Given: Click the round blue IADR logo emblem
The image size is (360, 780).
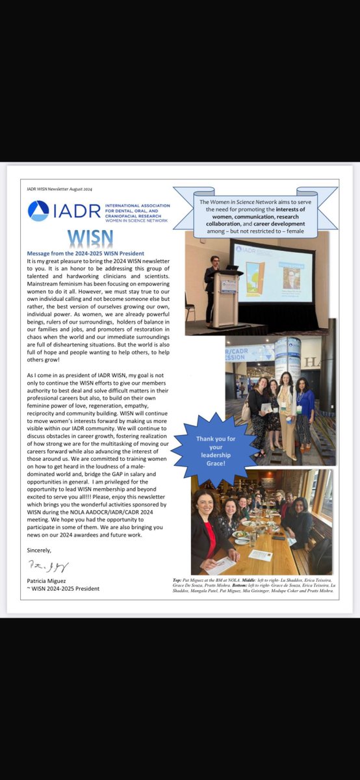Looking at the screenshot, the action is tap(38, 211).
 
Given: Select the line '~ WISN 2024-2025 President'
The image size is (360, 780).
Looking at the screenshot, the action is tap(64, 588).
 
